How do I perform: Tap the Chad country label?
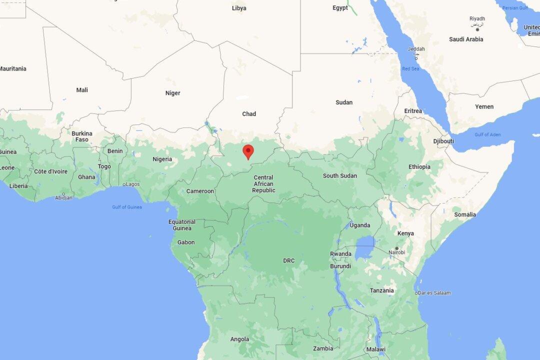pyautogui.click(x=249, y=114)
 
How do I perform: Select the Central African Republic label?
pyautogui.click(x=263, y=184)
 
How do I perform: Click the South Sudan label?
pyautogui.click(x=339, y=175)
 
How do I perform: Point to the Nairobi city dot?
pyautogui.click(x=396, y=248)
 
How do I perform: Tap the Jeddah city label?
pyautogui.click(x=416, y=49)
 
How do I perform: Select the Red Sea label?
pyautogui.click(x=411, y=68)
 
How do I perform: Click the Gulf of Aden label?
pyautogui.click(x=487, y=134)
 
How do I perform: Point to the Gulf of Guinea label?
pyautogui.click(x=127, y=207)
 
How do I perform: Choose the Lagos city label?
pyautogui.click(x=132, y=184)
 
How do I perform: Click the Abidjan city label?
pyautogui.click(x=63, y=197)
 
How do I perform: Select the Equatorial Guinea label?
pyautogui.click(x=182, y=225)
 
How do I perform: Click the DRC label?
pyautogui.click(x=289, y=260)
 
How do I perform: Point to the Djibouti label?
pyautogui.click(x=443, y=141)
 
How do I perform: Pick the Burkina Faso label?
pyautogui.click(x=82, y=136)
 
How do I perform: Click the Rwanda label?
pyautogui.click(x=340, y=253)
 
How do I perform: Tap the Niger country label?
pyautogui.click(x=172, y=93)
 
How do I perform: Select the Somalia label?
pyautogui.click(x=465, y=214)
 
